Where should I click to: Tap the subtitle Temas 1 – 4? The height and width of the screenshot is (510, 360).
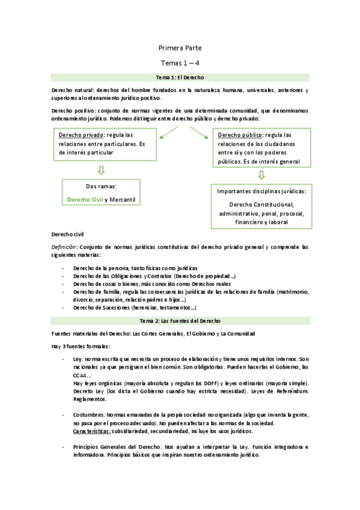click(x=180, y=63)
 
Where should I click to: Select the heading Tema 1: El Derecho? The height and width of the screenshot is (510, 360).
click(x=180, y=78)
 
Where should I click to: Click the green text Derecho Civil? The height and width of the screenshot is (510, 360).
click(x=85, y=199)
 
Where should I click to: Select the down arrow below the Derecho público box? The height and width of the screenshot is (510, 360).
click(x=261, y=176)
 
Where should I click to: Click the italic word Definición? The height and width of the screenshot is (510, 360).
click(x=64, y=247)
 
